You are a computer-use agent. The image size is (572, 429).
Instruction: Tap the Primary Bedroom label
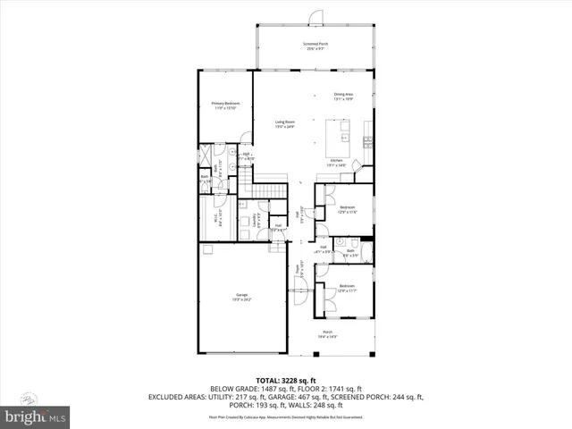224,105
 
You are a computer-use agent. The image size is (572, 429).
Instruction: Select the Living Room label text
285,123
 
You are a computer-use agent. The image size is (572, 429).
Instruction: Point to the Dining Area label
342,97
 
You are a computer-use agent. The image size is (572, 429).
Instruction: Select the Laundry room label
257,220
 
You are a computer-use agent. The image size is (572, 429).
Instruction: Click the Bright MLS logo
35,416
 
